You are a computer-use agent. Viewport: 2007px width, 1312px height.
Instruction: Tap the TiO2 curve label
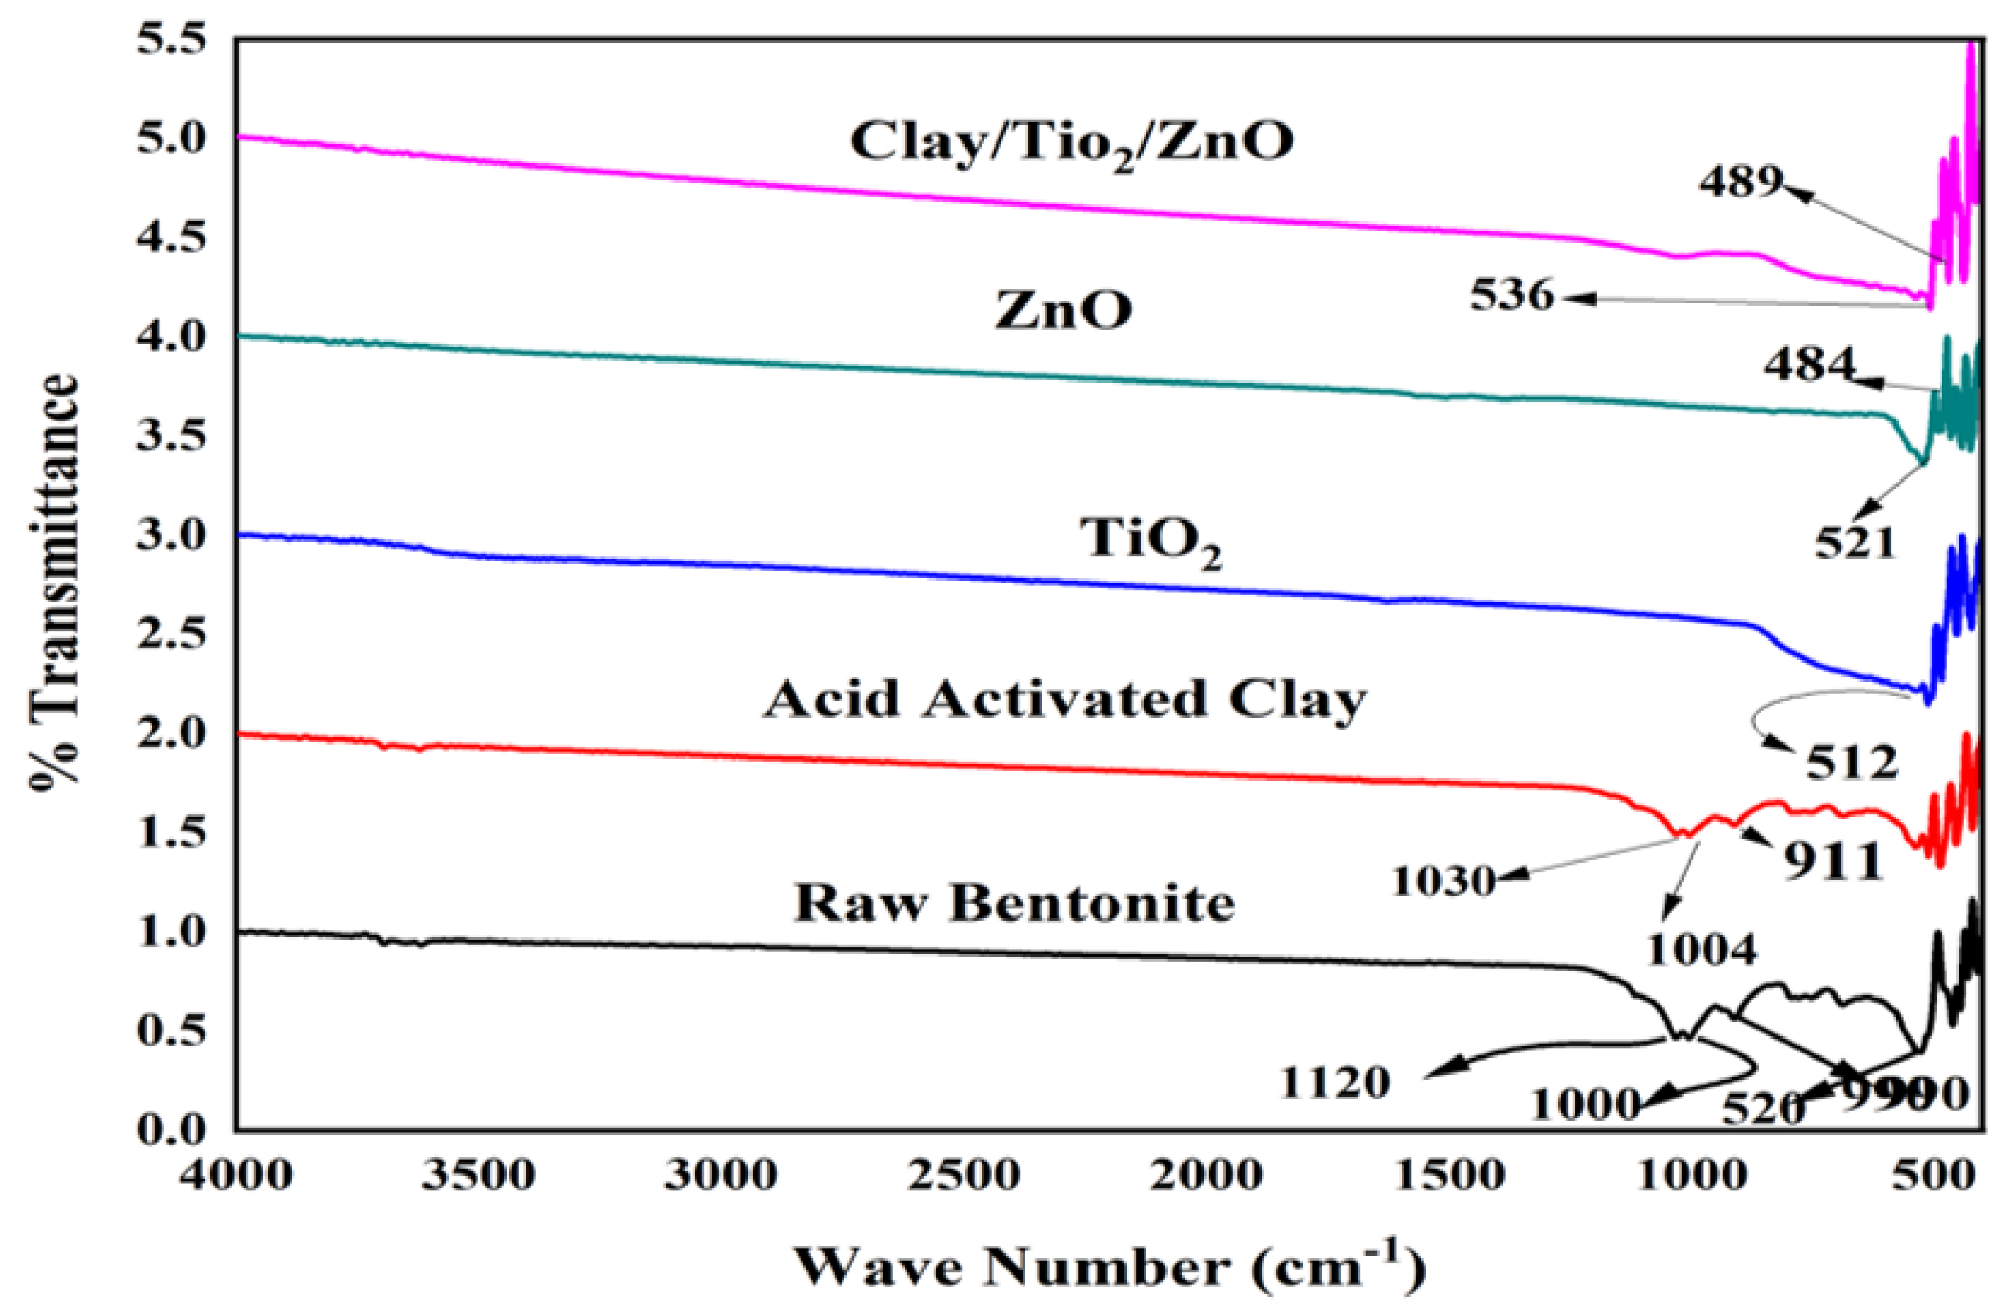pyautogui.click(x=1151, y=542)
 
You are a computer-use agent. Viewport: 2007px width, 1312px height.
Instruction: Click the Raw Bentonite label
pyautogui.click(x=1014, y=904)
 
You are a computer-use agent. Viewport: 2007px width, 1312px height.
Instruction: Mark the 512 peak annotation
pyautogui.click(x=1851, y=763)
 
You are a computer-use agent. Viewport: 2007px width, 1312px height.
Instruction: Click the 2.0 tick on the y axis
pyautogui.click(x=172, y=734)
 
